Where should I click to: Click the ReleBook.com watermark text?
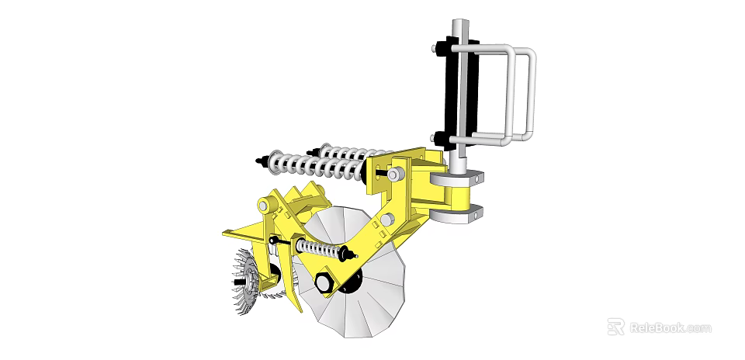[x=670, y=327]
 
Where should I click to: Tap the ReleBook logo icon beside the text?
[x=615, y=327]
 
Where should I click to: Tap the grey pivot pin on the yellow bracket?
[x=397, y=174]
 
